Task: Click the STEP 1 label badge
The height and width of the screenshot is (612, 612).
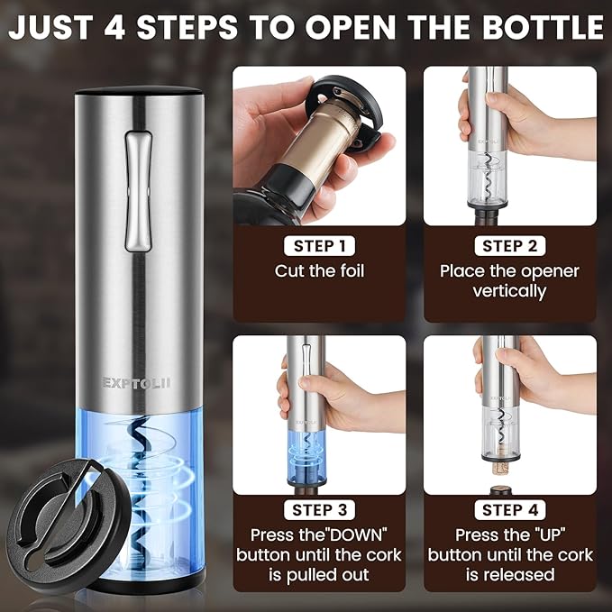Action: click(x=319, y=246)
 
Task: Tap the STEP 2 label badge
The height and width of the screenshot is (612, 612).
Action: click(x=509, y=246)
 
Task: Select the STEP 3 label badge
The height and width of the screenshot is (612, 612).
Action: click(x=319, y=511)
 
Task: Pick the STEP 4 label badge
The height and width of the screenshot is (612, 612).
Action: click(x=509, y=511)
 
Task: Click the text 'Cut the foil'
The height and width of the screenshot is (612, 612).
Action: click(x=319, y=270)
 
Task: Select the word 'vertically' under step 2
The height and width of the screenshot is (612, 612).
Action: click(x=509, y=291)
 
